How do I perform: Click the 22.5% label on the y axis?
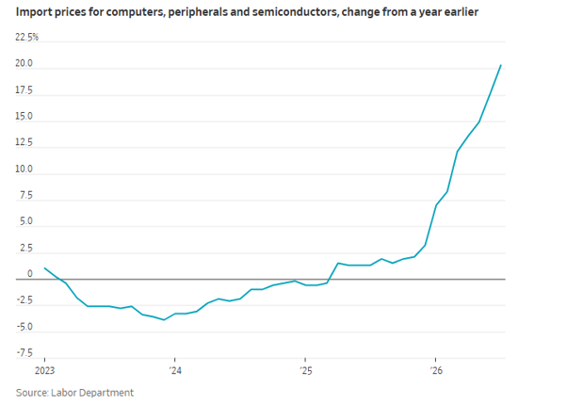tap(26, 38)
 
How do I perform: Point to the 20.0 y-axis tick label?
tap(24, 64)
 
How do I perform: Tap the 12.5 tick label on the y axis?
tap(24, 142)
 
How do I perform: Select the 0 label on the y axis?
tap(30, 274)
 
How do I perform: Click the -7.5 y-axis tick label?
tap(24, 353)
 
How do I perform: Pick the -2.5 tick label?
tap(24, 300)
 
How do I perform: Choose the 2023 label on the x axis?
tap(45, 371)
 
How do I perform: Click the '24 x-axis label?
tap(175, 371)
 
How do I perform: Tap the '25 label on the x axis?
tap(305, 371)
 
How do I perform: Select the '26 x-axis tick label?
tap(436, 371)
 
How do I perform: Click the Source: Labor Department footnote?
tap(74, 393)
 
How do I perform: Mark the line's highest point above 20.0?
tap(501, 65)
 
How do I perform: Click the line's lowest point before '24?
tap(164, 320)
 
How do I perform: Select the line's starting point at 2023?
tap(44, 268)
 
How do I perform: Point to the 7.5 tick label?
tap(26, 195)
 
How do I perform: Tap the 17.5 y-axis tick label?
tap(24, 90)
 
